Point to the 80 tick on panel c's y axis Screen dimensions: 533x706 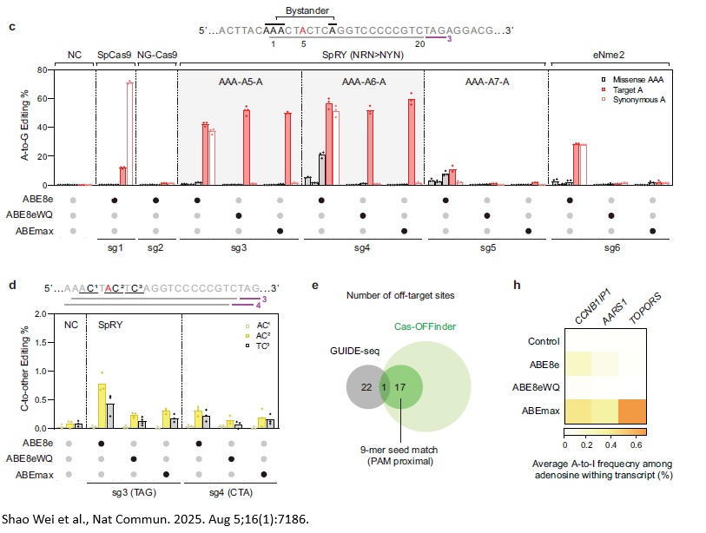41,69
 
